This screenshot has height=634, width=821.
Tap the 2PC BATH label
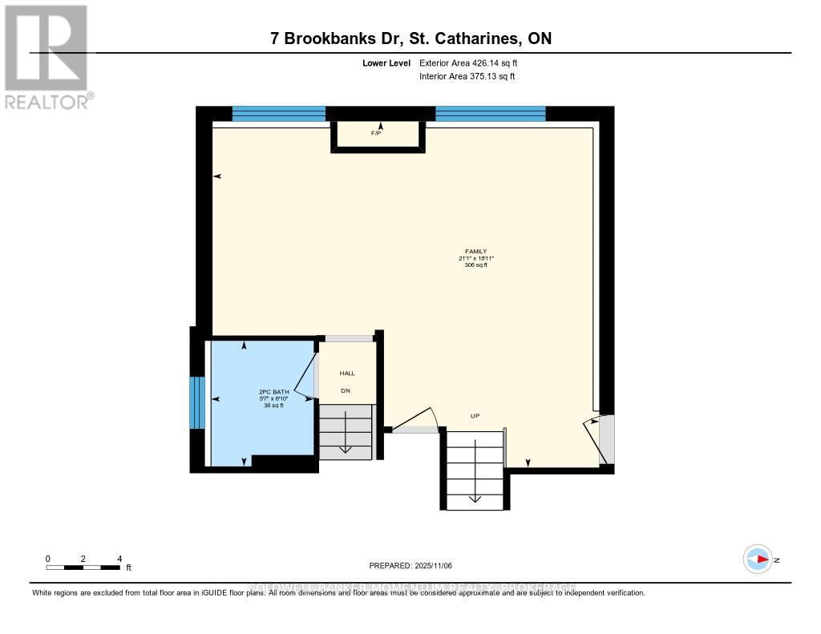(273, 392)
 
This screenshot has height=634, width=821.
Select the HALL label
(347, 373)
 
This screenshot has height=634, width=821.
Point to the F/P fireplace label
(375, 133)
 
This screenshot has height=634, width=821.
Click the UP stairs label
(475, 415)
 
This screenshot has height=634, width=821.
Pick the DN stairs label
(346, 390)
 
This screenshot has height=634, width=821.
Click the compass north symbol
(758, 559)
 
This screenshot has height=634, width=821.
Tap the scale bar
(83, 567)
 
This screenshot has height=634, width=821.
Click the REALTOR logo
(47, 57)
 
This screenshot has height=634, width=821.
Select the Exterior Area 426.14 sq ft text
(474, 63)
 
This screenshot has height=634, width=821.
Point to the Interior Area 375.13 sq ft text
(467, 77)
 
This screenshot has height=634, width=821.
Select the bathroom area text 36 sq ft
(273, 406)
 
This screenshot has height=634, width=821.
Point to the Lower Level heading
(386, 63)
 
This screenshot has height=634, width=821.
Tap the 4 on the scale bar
(119, 559)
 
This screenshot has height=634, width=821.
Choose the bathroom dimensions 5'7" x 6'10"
(273, 399)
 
